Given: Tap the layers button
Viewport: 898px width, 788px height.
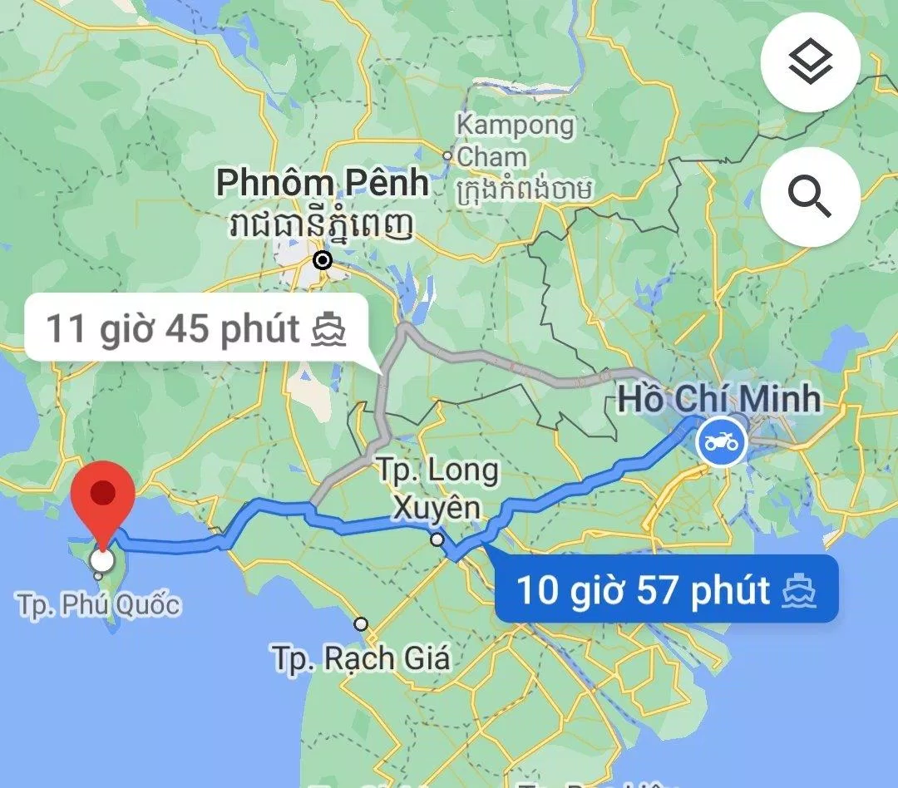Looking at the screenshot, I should click(810, 64).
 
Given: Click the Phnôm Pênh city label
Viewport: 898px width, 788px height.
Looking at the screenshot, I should click(323, 183).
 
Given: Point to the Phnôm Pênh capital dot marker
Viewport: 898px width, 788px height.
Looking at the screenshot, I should click(323, 261).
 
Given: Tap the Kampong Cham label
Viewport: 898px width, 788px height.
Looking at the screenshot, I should click(516, 140).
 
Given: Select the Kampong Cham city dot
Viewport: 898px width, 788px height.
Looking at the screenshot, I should click(447, 155).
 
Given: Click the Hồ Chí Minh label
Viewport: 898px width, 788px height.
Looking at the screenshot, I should click(718, 399).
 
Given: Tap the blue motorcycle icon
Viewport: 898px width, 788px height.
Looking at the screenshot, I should click(722, 441).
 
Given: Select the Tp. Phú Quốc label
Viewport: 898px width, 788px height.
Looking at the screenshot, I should click(99, 605).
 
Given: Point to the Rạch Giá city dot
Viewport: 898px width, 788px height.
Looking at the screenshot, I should click(361, 623).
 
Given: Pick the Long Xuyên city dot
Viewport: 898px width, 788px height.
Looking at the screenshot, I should click(437, 540).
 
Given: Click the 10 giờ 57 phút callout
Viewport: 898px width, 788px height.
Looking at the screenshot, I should click(665, 591).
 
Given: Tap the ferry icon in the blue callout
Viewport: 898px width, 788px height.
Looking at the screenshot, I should click(799, 591).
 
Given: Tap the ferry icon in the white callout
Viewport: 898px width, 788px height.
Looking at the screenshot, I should click(328, 329).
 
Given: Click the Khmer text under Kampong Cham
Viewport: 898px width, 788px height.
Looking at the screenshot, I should click(524, 190).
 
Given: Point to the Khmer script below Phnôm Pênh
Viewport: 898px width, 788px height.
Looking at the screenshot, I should click(323, 224).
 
